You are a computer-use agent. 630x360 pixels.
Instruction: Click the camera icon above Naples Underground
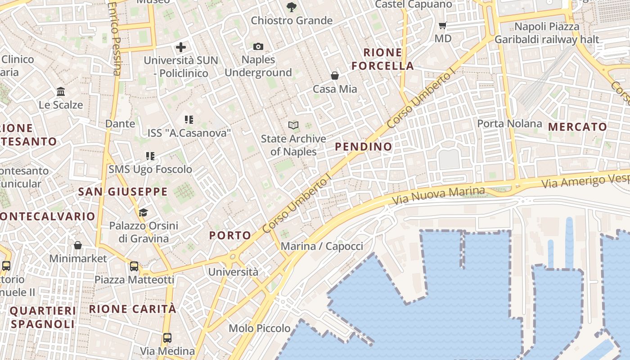pos(258,46)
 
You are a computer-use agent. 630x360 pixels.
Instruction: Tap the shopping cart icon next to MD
pos(443,25)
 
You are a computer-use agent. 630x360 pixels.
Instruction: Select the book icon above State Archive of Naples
pos(293,125)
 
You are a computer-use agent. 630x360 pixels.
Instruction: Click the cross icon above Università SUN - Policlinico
pos(181,47)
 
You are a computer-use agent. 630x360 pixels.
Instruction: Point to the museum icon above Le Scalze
pos(61,92)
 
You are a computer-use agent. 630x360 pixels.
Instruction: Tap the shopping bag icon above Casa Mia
pos(335,75)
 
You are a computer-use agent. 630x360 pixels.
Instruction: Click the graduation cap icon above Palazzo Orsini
pos(143,212)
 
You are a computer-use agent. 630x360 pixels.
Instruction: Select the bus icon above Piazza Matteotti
pos(134,266)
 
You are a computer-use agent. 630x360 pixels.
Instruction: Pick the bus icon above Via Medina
pos(167,337)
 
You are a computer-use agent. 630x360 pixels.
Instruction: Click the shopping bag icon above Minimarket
pos(78,245)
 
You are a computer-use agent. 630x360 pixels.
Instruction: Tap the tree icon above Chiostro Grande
pos(292,7)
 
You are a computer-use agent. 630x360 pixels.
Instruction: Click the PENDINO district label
pos(364,147)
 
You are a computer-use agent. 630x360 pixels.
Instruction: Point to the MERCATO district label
pos(578,127)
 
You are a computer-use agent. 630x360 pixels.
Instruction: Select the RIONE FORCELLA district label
pos(382,59)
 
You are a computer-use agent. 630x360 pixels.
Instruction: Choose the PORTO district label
pos(230,235)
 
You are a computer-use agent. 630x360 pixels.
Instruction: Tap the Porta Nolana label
pos(509,123)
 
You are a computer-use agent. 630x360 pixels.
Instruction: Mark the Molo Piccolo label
pos(260,328)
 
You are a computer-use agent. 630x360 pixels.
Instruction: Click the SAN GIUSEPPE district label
pos(123,192)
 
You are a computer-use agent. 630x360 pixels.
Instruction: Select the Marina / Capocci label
pos(322,246)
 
